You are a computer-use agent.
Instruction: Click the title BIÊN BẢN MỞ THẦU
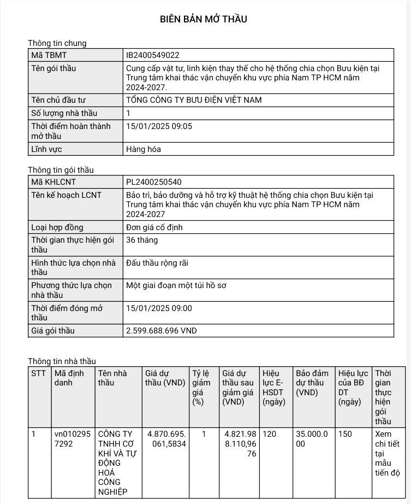(x=203, y=19)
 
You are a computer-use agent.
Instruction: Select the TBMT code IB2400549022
(x=153, y=55)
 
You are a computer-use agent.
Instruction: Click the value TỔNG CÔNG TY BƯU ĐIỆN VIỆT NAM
(x=194, y=100)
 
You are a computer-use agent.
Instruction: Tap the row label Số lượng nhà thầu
(x=64, y=113)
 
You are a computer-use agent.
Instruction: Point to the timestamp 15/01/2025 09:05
(x=159, y=126)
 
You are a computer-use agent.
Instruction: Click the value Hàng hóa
(x=143, y=149)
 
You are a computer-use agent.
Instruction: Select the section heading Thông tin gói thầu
(x=61, y=170)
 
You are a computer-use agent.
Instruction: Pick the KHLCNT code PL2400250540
(x=154, y=182)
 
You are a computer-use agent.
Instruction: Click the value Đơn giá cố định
(x=154, y=227)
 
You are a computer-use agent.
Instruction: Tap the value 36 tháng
(x=142, y=240)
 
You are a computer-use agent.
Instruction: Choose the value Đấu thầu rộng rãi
(x=157, y=263)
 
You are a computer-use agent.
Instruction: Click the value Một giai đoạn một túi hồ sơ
(x=176, y=285)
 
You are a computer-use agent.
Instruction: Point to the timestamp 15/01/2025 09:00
(x=159, y=308)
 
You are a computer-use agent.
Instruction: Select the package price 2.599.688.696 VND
(x=162, y=331)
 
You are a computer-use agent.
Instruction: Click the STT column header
(x=39, y=373)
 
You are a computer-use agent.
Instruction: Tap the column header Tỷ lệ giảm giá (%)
(x=201, y=388)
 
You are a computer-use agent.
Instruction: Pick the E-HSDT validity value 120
(x=269, y=434)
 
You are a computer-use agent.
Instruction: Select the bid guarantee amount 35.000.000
(x=312, y=439)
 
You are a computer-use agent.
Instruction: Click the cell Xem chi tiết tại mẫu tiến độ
(x=388, y=453)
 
